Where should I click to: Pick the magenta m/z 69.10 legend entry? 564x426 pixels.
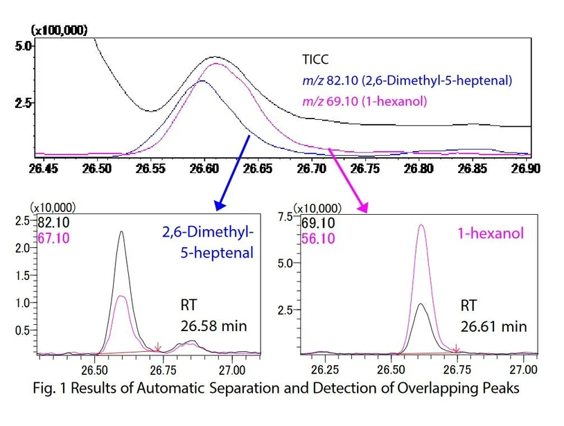point(364,102)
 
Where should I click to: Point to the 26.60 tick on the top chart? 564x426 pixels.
point(203,168)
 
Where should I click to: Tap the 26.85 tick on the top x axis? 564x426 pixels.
point(473,168)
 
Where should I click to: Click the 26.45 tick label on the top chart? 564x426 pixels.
point(43,168)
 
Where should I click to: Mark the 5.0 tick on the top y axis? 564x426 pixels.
point(24,46)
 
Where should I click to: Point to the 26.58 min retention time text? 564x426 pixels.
point(211,326)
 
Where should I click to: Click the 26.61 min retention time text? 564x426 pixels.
point(495,326)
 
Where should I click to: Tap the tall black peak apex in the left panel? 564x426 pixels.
point(122,232)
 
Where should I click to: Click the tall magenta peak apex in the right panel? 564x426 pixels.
point(423,224)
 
